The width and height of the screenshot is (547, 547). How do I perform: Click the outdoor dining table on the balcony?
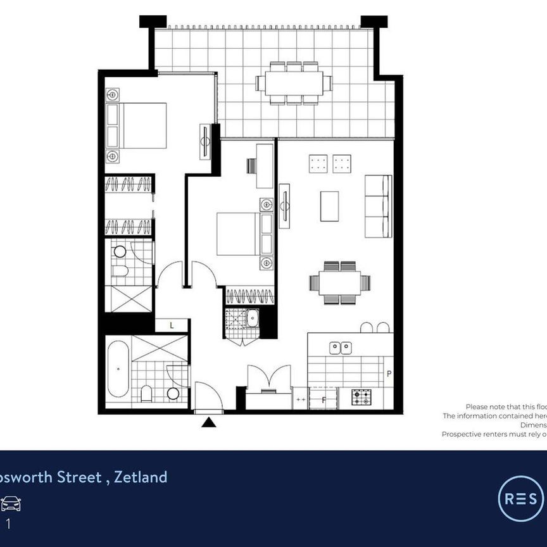point(294,83)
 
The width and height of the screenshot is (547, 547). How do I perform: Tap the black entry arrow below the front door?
point(208,422)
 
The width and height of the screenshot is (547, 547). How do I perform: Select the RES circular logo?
point(520,498)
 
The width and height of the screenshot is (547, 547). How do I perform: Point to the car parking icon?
point(11,504)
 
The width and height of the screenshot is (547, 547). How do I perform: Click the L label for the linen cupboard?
point(172,325)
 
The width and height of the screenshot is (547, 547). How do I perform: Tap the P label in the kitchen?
point(389,374)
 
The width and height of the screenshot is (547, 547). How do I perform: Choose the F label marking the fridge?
point(324,399)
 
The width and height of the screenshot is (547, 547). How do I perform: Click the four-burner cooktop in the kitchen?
point(362,398)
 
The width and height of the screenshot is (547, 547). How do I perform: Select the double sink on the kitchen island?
point(341,347)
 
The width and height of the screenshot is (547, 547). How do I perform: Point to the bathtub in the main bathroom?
point(118,368)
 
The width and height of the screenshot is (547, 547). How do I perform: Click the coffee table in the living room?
point(329,206)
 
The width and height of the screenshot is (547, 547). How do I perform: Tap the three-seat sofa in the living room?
point(377,206)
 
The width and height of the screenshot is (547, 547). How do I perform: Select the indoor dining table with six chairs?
point(340,283)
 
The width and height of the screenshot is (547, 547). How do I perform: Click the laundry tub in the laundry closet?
point(251,317)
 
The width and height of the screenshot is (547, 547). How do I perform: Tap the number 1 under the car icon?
point(8,524)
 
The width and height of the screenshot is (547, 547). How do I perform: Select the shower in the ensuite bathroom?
point(129,299)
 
